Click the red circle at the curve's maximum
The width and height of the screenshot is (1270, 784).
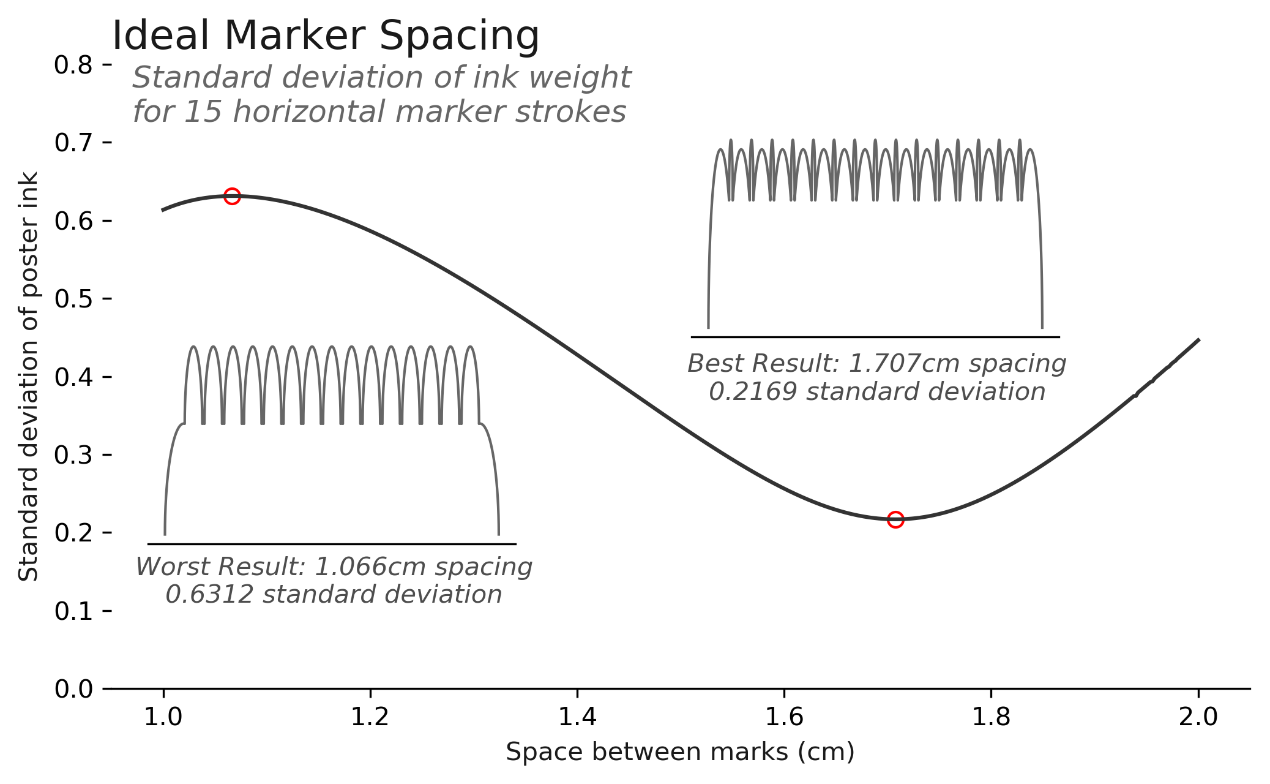231,197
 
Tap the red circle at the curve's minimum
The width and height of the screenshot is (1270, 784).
895,520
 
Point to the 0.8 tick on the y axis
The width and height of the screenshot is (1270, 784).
82,65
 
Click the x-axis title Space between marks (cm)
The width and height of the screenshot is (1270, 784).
680,752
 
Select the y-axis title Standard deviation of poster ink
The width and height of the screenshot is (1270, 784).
29,376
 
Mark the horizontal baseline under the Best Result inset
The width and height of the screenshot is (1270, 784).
875,337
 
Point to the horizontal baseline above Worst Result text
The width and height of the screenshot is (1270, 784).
332,544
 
